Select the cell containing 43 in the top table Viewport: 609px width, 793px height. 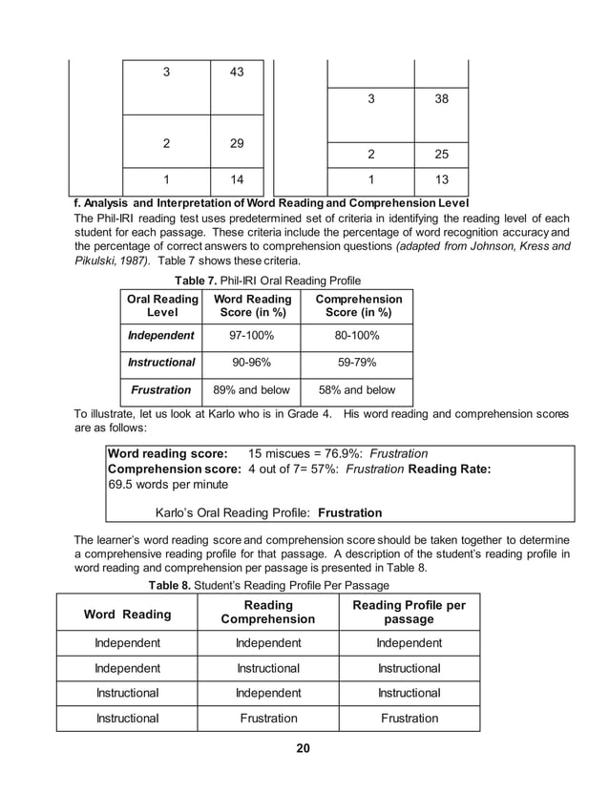tap(237, 73)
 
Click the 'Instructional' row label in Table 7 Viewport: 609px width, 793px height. tap(161, 363)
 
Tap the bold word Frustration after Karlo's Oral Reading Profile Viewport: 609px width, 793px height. tap(349, 512)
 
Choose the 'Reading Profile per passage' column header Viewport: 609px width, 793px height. tap(409, 613)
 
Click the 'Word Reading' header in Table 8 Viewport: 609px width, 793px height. tap(128, 614)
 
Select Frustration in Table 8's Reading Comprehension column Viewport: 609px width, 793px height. tap(268, 718)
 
